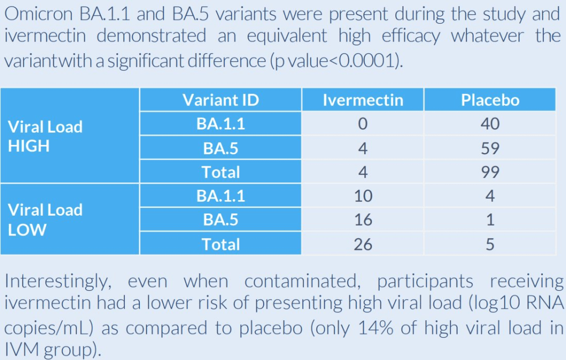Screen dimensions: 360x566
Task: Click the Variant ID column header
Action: point(221,100)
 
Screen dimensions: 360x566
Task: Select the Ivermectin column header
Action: point(363,100)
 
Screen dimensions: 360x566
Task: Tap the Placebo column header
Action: point(490,100)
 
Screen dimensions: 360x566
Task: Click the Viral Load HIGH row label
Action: point(45,136)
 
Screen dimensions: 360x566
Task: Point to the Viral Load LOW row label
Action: point(45,220)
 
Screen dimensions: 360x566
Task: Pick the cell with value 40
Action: point(490,124)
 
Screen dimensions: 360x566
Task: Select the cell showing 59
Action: point(490,148)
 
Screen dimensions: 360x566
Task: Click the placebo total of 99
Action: point(490,172)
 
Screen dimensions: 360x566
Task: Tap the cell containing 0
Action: point(363,124)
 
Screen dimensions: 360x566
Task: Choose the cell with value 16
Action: point(363,220)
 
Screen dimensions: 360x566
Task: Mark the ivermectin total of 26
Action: point(363,244)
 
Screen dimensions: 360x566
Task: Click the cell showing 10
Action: point(363,196)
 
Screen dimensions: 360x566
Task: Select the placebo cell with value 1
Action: point(490,220)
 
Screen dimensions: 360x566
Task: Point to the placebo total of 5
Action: point(490,244)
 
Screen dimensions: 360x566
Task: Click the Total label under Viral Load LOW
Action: point(221,244)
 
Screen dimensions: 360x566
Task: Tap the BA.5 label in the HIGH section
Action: point(221,148)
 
